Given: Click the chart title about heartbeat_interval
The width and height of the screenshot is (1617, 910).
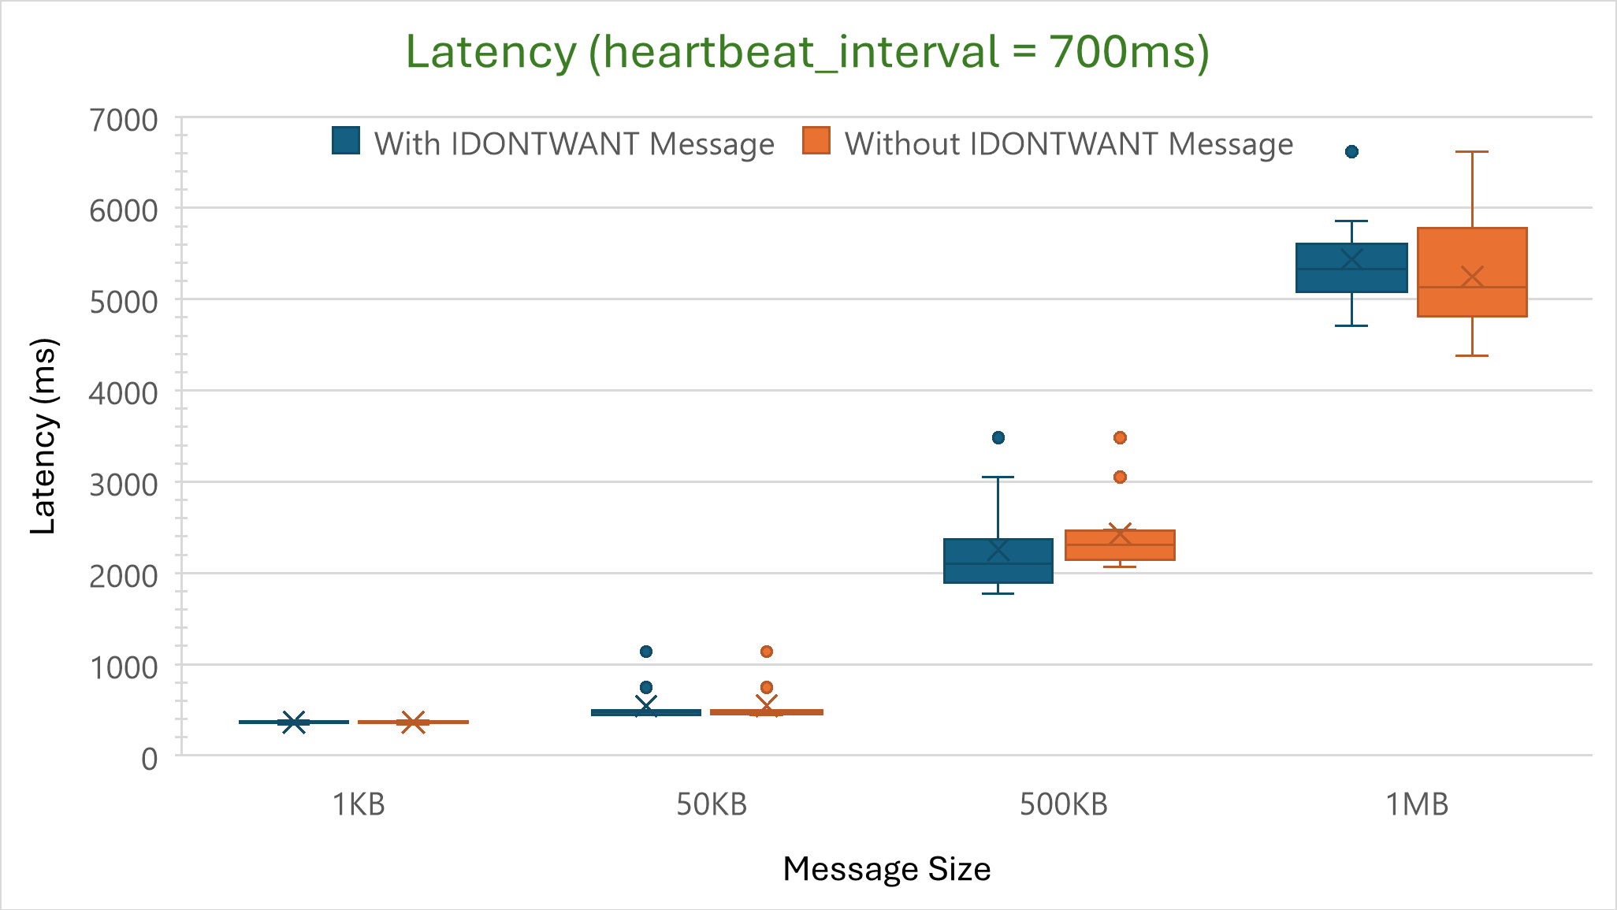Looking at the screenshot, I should pos(807,53).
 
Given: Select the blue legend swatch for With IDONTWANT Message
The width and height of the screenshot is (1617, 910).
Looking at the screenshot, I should pos(346,141).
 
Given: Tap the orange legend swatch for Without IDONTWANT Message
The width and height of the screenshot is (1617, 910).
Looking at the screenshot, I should pos(816,141).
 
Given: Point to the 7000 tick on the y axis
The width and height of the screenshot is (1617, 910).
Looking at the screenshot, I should pos(124,121).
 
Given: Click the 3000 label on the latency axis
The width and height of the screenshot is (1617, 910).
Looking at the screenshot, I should pos(124,485).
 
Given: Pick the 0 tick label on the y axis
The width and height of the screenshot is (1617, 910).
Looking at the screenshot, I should pos(149,758).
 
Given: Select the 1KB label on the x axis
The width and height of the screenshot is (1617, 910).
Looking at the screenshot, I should pos(359,804).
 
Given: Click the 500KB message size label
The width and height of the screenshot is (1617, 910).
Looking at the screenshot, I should pos(1064,804).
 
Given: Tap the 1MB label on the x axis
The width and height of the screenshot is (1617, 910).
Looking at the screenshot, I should pos(1417,804).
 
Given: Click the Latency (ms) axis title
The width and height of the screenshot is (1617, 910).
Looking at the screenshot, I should pos(44,436).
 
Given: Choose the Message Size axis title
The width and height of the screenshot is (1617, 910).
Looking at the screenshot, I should pos(887,869).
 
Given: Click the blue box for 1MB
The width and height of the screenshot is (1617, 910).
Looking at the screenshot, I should pos(1351,268).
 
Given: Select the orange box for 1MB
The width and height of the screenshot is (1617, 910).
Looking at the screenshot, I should pos(1472,272).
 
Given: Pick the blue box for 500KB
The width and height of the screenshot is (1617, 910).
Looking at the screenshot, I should pos(998,561).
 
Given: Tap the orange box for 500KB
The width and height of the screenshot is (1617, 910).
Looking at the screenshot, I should pos(1120,545).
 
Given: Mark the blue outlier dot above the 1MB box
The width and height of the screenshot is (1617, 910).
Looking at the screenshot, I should pos(1351,152).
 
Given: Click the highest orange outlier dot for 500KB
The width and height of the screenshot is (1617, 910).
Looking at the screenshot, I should pos(1120,437).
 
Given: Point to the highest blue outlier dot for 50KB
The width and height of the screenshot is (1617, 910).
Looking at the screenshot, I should pos(646,652).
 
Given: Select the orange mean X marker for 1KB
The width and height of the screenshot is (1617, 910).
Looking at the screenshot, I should pos(413,722).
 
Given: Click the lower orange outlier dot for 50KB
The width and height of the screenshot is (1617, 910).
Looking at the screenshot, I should pos(767,687).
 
